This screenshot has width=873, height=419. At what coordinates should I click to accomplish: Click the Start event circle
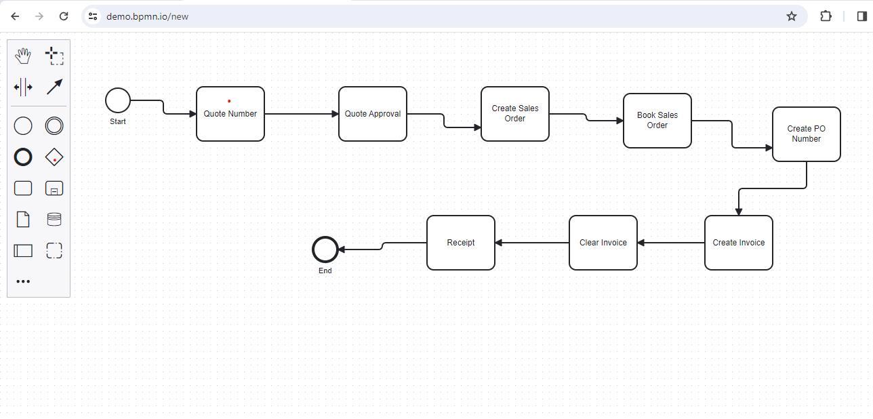click(x=118, y=100)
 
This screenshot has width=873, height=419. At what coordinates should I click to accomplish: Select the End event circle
click(x=325, y=250)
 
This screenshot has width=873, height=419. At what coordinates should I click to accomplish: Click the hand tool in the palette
click(x=23, y=56)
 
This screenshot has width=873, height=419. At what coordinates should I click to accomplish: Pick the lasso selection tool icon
click(x=54, y=56)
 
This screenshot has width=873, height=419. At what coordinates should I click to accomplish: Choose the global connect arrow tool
click(x=54, y=87)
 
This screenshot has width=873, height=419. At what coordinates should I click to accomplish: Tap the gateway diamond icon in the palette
click(x=54, y=157)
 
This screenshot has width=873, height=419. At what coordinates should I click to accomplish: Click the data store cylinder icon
click(x=54, y=219)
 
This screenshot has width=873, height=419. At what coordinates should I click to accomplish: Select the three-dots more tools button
click(x=23, y=281)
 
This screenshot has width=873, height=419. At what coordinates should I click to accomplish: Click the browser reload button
click(x=64, y=16)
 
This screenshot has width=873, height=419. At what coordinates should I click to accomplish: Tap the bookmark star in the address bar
click(x=791, y=16)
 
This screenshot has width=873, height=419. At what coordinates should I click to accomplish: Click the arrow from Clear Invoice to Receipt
click(x=532, y=243)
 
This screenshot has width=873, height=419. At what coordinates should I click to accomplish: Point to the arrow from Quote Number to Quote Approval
click(x=302, y=114)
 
